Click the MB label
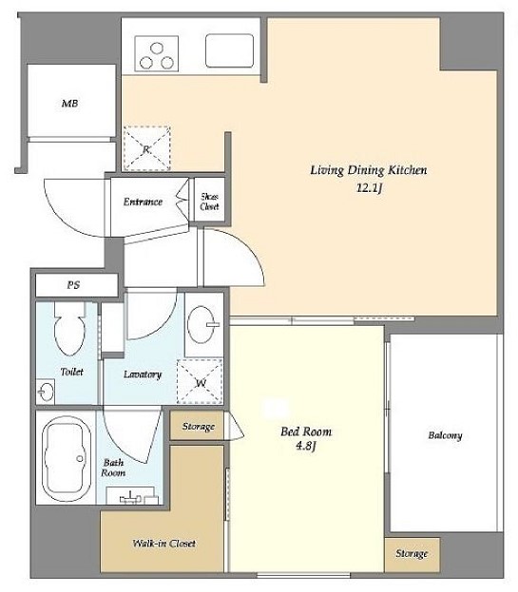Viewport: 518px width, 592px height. (x=69, y=103)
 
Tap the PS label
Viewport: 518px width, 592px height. (x=73, y=285)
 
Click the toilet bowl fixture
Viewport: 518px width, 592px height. (x=69, y=329)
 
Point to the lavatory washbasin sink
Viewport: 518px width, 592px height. (x=202, y=325)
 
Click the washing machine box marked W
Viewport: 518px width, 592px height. (x=200, y=381)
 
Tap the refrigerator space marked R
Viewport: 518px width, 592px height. (x=147, y=148)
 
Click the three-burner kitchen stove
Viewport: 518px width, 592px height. (x=156, y=53)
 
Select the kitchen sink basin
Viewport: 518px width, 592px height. (x=230, y=50)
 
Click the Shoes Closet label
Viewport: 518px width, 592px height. (x=209, y=201)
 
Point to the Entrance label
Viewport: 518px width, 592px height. (x=143, y=201)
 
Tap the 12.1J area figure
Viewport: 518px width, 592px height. (x=369, y=187)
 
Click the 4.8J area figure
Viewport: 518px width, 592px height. (x=305, y=446)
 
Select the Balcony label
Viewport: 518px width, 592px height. (x=445, y=435)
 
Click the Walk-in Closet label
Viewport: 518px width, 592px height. (x=163, y=543)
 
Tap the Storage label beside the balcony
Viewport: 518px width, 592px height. (x=412, y=553)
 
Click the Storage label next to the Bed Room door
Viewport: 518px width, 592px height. (x=199, y=427)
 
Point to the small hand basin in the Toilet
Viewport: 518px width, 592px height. (x=46, y=391)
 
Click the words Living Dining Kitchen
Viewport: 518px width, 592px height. (x=369, y=170)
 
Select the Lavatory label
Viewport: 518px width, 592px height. (x=143, y=374)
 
